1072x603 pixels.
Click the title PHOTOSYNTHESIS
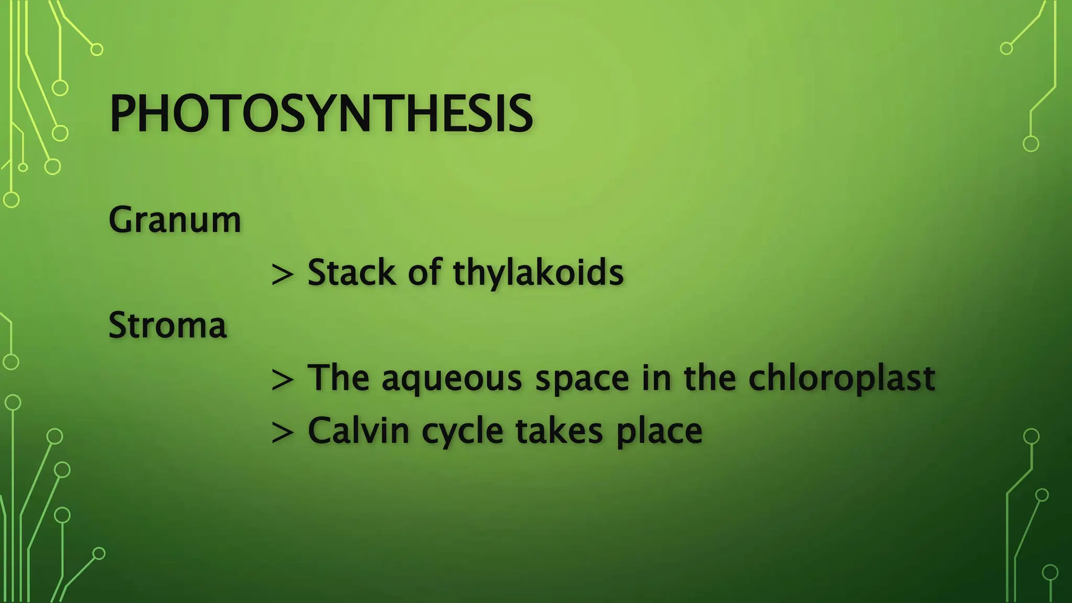(x=320, y=114)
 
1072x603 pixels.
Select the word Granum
(x=175, y=220)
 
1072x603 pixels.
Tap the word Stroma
(x=167, y=325)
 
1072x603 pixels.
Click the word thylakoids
(x=538, y=273)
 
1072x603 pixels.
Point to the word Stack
(x=352, y=273)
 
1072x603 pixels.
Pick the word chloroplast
(x=842, y=378)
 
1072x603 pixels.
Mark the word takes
(x=559, y=431)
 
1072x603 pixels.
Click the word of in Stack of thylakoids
(x=425, y=273)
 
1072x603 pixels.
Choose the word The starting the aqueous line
(x=338, y=378)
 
